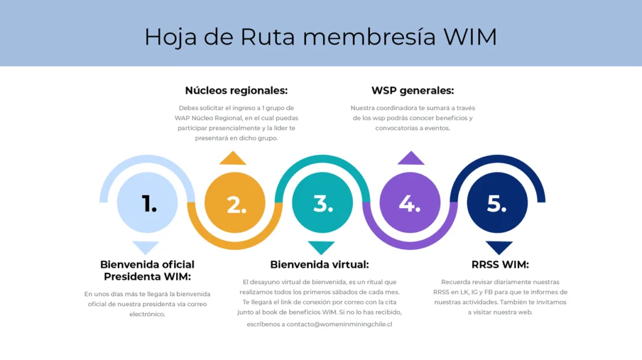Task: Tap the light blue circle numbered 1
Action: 148,203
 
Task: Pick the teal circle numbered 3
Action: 322,203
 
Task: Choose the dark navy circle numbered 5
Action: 497,203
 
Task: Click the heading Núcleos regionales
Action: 236,90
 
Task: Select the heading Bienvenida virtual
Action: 319,264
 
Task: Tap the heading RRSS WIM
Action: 500,264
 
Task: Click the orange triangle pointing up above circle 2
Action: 233,159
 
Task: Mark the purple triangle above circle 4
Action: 411,159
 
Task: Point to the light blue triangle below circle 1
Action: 145,247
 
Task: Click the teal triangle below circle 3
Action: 322,247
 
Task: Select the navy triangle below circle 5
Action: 499,247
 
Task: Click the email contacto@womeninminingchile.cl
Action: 345,324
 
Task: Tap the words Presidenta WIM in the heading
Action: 147,277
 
